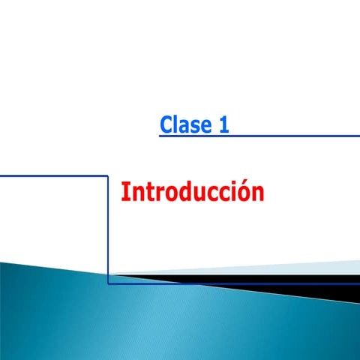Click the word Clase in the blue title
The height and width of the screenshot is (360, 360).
185,124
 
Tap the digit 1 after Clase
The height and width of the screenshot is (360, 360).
223,124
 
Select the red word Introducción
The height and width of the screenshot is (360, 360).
193,192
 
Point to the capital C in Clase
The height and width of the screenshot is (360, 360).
166,124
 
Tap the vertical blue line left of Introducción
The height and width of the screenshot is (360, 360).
109,225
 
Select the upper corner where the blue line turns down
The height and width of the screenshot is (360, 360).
109,175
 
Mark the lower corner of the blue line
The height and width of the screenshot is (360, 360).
109,283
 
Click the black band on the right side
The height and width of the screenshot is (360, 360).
300,280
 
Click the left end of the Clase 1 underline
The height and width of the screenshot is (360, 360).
160,136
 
